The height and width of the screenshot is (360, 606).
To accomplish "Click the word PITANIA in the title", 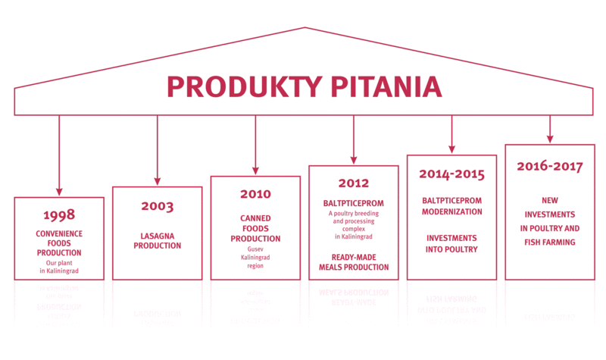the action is click(x=386, y=86).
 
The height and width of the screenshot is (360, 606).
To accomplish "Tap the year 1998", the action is click(x=59, y=214).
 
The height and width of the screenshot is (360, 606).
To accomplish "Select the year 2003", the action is click(x=158, y=206).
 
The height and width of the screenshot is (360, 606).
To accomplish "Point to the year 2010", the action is click(x=255, y=194).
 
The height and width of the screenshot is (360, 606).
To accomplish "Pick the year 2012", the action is click(x=354, y=183).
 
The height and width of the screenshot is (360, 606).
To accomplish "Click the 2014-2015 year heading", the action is click(x=451, y=174).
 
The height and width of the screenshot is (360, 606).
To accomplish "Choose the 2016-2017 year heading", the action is click(x=550, y=166).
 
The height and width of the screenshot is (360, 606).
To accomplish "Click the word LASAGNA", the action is click(x=158, y=236).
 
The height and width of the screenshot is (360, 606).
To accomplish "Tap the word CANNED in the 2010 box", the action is click(x=255, y=218).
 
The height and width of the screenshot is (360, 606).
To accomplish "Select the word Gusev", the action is click(x=255, y=249).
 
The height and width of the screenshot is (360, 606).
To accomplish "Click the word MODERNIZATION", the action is click(x=451, y=211).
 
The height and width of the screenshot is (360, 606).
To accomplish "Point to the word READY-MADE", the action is click(x=354, y=257).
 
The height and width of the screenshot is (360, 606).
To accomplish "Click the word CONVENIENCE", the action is click(x=59, y=233).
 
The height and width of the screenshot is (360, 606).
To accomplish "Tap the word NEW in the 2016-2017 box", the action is click(x=550, y=200).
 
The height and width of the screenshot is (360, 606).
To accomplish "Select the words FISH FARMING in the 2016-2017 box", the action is click(x=550, y=242).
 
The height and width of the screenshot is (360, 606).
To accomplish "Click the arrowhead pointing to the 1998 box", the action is click(x=59, y=193).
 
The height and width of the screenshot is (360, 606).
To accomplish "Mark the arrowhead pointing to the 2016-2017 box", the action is click(x=550, y=139).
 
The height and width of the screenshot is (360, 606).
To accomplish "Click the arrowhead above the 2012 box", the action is click(x=354, y=161).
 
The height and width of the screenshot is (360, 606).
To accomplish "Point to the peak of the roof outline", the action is click(x=305, y=27).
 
